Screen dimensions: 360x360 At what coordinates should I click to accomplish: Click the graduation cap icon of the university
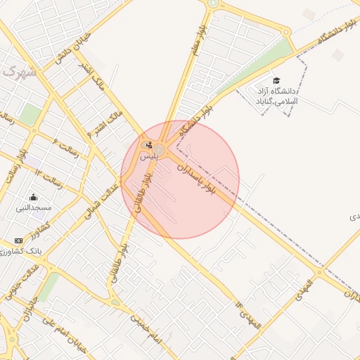[x=276, y=81]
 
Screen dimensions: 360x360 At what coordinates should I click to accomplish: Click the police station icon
[x=148, y=146]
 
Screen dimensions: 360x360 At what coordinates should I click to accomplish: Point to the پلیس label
[x=148, y=156]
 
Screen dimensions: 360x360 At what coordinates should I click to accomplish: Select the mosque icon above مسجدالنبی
[x=34, y=198]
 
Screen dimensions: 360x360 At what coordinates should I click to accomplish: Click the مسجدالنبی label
[x=34, y=208]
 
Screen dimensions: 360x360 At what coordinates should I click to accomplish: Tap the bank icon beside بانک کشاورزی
[x=18, y=240]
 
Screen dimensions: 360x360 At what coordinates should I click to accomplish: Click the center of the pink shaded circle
[x=180, y=179]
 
